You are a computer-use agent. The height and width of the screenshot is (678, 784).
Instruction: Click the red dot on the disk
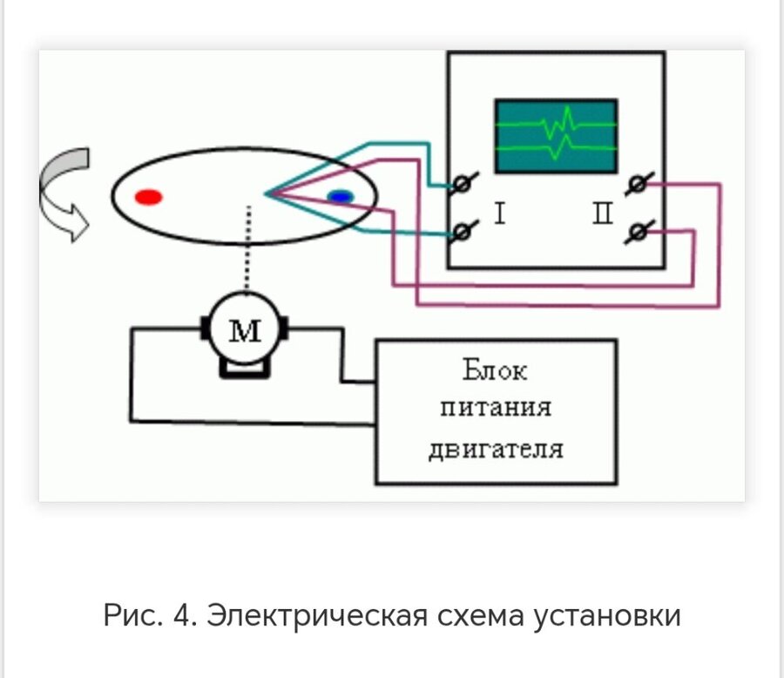tap(149, 197)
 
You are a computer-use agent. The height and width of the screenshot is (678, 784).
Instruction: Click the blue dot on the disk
tap(341, 197)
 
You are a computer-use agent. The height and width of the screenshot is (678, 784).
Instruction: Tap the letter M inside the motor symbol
tap(245, 330)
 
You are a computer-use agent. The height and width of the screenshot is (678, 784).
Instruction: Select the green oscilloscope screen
tap(556, 136)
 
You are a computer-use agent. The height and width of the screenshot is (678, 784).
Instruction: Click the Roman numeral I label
tap(500, 214)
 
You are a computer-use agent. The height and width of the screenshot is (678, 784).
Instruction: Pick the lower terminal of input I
tap(463, 231)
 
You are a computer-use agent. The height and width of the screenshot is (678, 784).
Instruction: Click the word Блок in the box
tap(495, 371)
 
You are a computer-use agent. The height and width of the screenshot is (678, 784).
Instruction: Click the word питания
tap(496, 410)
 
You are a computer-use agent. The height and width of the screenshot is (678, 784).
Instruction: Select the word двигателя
tap(496, 449)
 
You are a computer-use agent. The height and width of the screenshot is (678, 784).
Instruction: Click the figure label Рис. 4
tap(150, 616)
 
